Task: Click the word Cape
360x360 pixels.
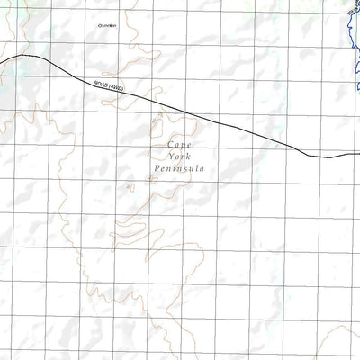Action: [x=180, y=144]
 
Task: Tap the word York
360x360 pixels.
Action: [x=180, y=156]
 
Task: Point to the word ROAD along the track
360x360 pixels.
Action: [x=100, y=85]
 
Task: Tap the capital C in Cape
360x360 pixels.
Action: [x=170, y=144]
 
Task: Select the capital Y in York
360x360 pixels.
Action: [x=170, y=156]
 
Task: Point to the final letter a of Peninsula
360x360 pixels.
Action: [x=203, y=168]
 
